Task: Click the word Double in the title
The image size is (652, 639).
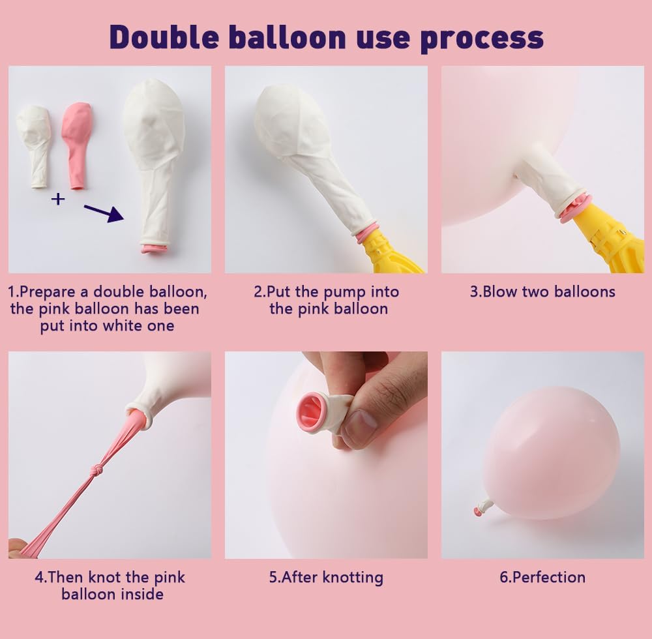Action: coord(164,37)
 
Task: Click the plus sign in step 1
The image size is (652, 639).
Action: coord(58,199)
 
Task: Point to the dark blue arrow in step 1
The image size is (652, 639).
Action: coord(104,213)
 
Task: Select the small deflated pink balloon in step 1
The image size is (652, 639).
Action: coord(76,145)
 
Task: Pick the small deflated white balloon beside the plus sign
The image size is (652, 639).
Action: coord(34,146)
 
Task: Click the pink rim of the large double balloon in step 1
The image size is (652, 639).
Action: coord(155,249)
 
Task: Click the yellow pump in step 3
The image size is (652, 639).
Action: coord(607,241)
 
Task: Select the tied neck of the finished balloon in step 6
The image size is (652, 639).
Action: coord(484,507)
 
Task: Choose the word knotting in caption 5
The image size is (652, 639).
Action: coord(353,578)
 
